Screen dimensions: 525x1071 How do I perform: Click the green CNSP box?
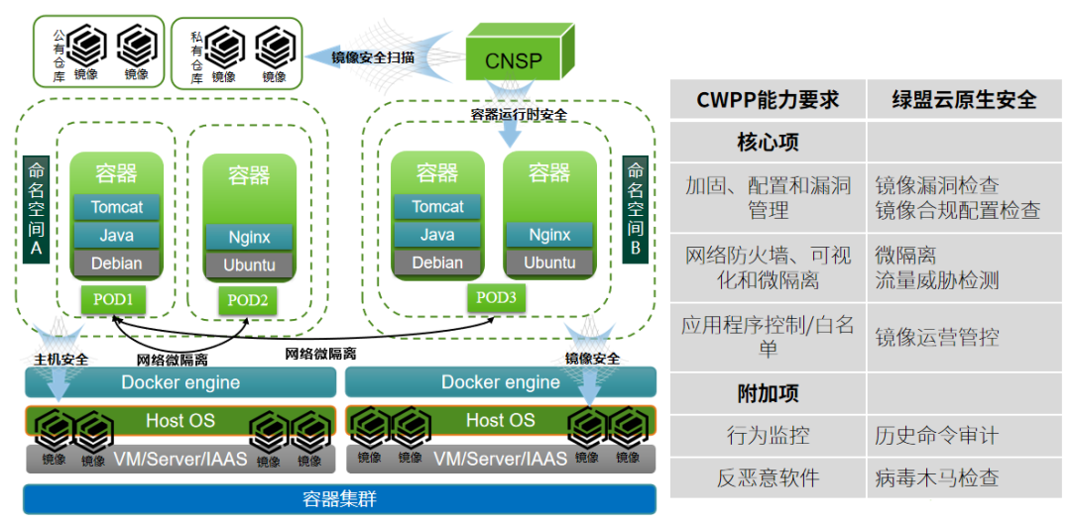[514, 58]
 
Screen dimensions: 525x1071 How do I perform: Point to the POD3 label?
[495, 297]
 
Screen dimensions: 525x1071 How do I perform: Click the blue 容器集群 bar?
[339, 499]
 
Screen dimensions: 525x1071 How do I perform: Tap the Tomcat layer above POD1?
[117, 207]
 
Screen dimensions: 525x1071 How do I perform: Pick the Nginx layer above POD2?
[249, 237]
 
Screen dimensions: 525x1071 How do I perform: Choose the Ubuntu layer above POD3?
[549, 262]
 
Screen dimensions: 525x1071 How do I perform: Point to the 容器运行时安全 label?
[519, 115]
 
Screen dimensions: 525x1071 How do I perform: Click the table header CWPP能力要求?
[768, 100]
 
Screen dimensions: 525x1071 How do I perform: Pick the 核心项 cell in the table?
[768, 143]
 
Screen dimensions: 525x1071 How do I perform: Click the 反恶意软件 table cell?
[768, 477]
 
